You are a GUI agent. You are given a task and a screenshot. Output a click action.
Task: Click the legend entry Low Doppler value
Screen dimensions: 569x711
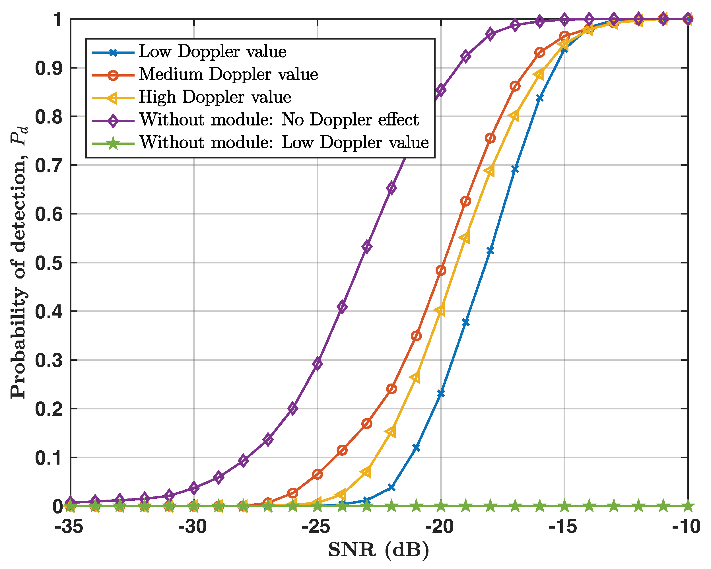coord(212,52)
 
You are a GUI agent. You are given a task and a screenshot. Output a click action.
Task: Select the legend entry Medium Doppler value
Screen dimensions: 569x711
coord(228,75)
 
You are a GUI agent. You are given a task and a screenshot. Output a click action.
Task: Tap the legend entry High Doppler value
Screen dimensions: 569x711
coord(215,97)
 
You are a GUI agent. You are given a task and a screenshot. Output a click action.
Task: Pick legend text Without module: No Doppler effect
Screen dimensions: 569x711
coord(279,120)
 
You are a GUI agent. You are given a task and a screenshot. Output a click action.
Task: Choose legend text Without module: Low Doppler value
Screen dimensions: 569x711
coord(284,143)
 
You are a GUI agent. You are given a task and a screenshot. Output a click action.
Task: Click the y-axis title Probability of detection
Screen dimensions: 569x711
coord(19,262)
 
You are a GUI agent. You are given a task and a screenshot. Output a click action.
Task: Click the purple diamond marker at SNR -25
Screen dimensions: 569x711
coord(317,364)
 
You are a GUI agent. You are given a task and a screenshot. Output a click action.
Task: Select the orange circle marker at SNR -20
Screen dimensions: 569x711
coord(441,271)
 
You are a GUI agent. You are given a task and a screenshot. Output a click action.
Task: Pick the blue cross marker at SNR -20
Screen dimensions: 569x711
coord(441,393)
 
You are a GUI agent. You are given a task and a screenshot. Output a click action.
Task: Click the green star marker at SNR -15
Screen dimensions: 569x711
coord(564,506)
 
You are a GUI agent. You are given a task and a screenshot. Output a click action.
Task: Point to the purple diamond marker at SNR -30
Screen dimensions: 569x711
coord(194,488)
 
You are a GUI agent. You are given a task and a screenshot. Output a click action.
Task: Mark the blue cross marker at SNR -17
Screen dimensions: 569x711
coord(515,169)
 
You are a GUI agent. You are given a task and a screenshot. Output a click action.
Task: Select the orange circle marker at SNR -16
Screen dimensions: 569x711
coord(539,52)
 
